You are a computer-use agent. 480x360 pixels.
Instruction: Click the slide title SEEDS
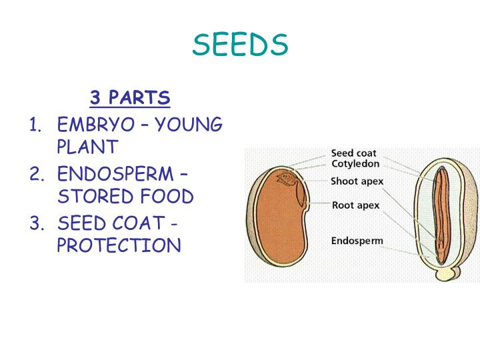click(240, 45)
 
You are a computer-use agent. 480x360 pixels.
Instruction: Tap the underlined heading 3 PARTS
click(130, 98)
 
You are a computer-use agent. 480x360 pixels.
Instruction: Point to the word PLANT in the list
click(87, 147)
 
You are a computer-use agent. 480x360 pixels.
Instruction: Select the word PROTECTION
click(119, 245)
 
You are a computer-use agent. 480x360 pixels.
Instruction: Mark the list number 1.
click(35, 125)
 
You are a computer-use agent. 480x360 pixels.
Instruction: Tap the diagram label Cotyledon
click(355, 164)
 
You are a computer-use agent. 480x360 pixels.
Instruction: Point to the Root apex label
click(355, 205)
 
